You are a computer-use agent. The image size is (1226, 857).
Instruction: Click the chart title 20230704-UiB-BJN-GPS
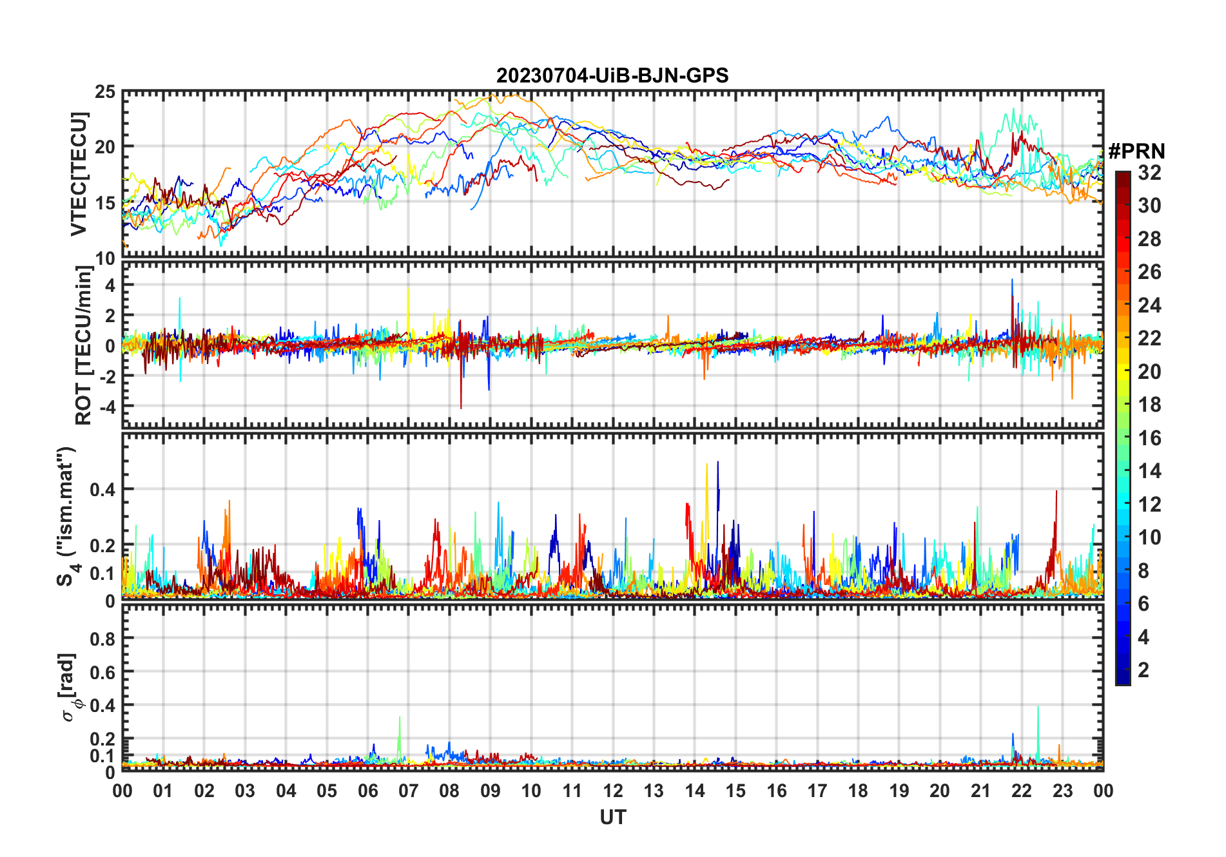[612, 76]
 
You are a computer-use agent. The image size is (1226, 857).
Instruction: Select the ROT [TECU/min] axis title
[84, 345]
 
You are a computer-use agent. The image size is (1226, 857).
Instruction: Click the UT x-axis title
[612, 817]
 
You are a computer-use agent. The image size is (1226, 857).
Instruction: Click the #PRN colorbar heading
[1136, 151]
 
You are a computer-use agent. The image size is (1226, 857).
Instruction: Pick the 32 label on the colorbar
[1149, 173]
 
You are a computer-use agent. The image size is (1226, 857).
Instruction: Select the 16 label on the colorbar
[1149, 438]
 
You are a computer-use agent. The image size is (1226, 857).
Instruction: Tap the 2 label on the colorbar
[1143, 670]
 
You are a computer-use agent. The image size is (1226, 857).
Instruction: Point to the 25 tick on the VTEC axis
[105, 92]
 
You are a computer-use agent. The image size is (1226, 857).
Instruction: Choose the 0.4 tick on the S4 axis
[102, 490]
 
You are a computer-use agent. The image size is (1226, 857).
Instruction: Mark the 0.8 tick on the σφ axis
[102, 639]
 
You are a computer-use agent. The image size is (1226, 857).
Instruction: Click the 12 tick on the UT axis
[613, 791]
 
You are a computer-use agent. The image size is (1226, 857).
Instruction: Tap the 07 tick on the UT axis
[409, 791]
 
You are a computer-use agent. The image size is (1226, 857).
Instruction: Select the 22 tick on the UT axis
[1022, 791]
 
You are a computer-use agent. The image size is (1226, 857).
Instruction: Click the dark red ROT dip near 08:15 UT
[461, 406]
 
